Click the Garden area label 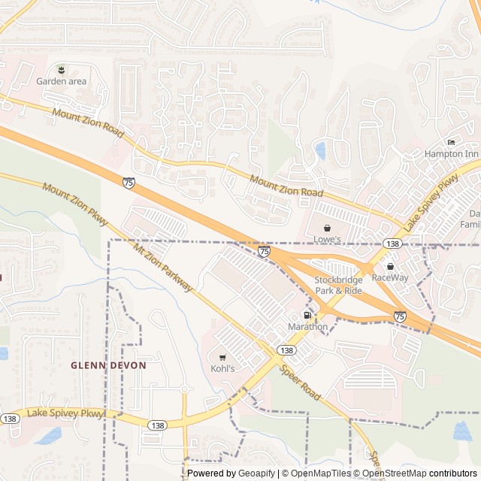tap(62, 81)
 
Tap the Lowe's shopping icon tap(327, 228)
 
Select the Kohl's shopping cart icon tap(222, 358)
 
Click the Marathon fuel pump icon tap(307, 315)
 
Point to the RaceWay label tap(390, 277)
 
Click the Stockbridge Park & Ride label tap(337, 285)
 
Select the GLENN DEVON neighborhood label tap(108, 365)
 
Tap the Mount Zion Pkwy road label tap(75, 207)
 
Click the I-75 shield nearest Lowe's tap(265, 251)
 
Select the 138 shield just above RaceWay tap(392, 244)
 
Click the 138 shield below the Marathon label tap(286, 350)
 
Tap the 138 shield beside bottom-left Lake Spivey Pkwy tap(10, 419)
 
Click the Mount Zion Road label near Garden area tap(88, 123)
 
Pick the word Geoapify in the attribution tap(256, 473)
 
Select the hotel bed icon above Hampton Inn tap(451, 143)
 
